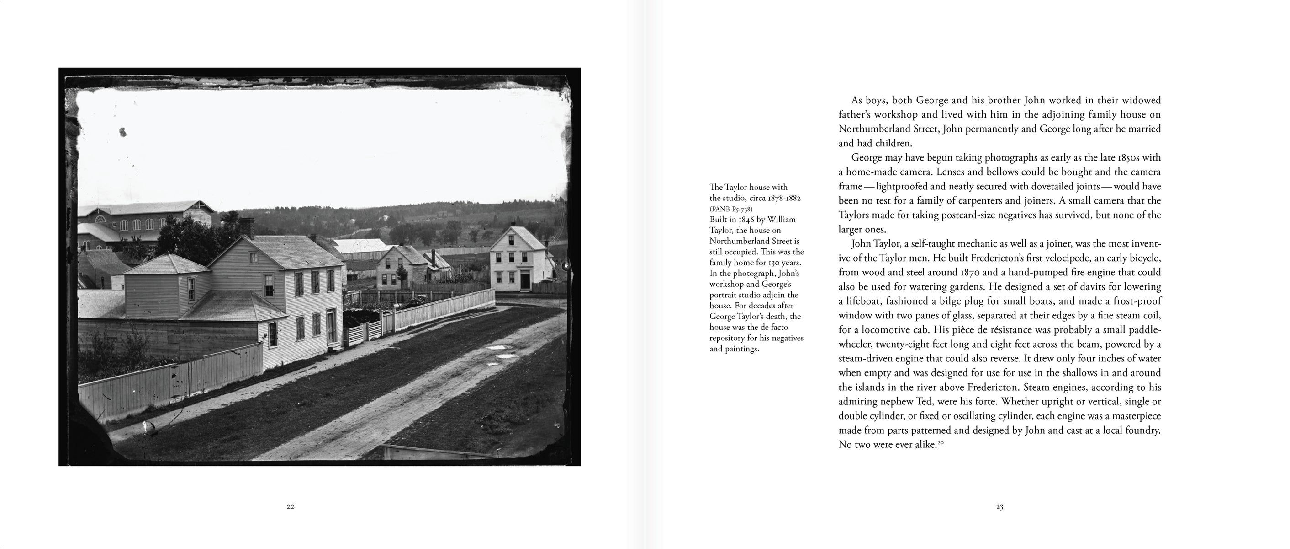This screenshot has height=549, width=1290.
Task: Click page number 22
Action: coord(291,506)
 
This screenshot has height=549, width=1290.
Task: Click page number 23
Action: coord(999,507)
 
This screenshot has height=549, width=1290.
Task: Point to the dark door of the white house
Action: coord(525,279)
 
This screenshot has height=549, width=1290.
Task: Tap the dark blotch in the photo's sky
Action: coord(122,132)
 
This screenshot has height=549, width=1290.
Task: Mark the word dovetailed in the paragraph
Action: coord(1032,187)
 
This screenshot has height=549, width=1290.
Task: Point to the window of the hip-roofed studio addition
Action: coord(191,289)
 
